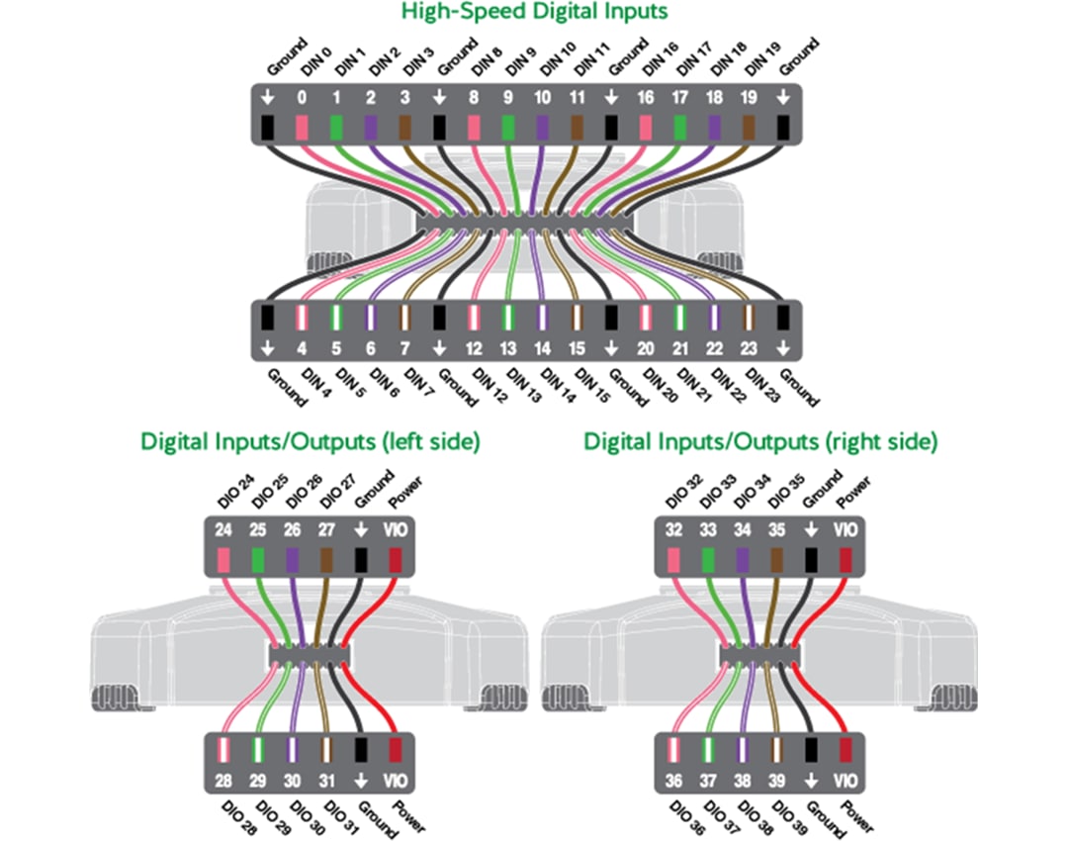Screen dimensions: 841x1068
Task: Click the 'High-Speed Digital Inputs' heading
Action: coord(534,12)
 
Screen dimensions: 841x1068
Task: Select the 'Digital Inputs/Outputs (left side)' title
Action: coord(311,441)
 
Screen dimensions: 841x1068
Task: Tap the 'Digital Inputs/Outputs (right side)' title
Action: coord(760,441)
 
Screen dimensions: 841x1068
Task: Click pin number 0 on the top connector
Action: coord(302,98)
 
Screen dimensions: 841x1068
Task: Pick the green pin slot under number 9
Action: coord(508,127)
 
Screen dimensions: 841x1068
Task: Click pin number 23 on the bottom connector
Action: coord(749,348)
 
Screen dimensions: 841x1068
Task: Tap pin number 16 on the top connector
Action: coord(645,98)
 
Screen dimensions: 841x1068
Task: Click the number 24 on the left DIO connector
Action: coord(223,530)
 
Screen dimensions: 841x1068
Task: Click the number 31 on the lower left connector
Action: coord(326,780)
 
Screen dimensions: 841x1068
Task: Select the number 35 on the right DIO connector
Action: coord(777,530)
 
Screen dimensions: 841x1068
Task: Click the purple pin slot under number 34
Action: coord(743,560)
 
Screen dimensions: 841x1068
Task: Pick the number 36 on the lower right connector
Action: coord(673,780)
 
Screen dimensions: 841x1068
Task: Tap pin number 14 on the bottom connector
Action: coord(542,348)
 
